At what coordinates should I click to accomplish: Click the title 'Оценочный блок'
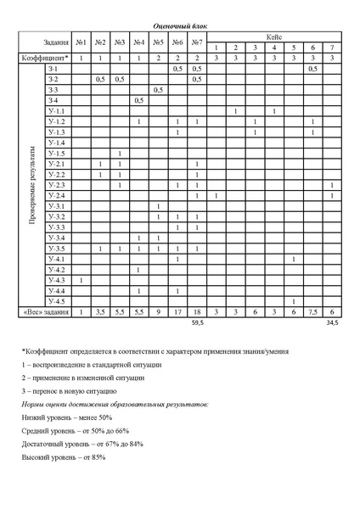tap(180, 27)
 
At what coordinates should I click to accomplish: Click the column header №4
tap(138, 42)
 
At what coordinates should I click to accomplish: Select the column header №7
tap(196, 42)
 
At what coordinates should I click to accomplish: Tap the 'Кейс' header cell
tap(273, 37)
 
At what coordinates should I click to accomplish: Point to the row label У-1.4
tap(57, 143)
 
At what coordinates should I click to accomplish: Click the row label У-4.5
tap(57, 301)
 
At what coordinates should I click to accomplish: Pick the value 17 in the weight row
tap(177, 312)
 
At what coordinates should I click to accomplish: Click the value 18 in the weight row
tap(196, 312)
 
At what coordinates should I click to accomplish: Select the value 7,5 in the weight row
tap(312, 312)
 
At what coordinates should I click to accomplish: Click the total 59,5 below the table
tap(196, 323)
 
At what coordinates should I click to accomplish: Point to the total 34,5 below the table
tap(332, 323)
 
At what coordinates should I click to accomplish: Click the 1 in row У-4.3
tap(81, 280)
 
